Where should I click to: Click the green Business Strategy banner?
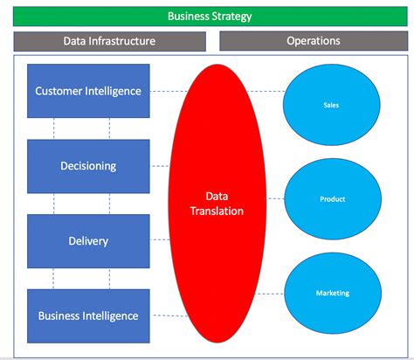(x=210, y=16)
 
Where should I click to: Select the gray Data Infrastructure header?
(x=109, y=41)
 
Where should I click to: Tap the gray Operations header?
(x=313, y=41)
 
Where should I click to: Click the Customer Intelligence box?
(x=88, y=91)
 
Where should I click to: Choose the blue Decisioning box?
(x=88, y=165)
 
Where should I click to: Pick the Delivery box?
(x=88, y=240)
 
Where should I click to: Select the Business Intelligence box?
(x=88, y=315)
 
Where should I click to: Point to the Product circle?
(x=331, y=199)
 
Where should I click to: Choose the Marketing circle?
(x=332, y=293)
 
